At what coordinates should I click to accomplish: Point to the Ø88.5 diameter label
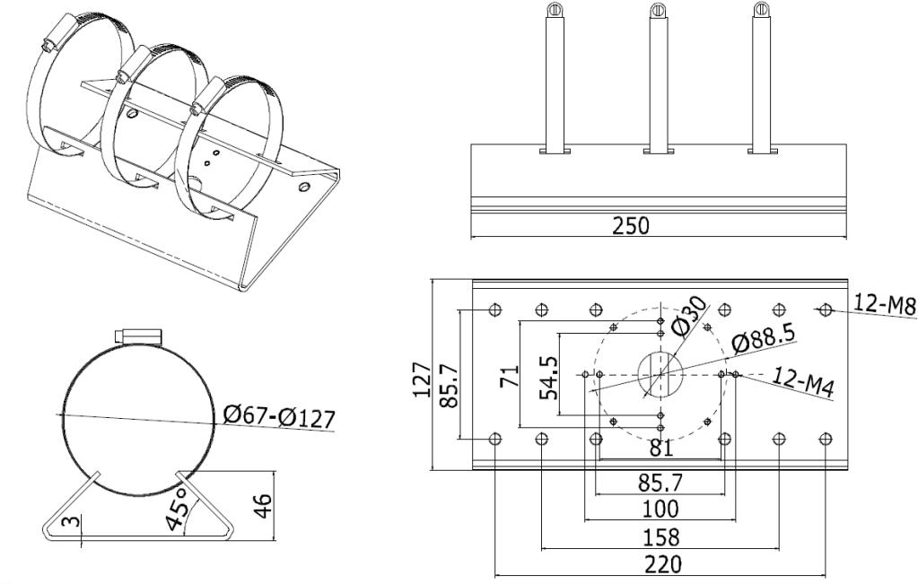[x=763, y=344]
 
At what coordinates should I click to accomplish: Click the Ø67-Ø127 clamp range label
[x=278, y=418]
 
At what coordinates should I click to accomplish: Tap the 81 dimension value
[x=660, y=448]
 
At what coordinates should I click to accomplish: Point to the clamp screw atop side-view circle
[x=138, y=336]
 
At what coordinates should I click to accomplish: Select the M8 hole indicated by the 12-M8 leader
[x=826, y=309]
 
